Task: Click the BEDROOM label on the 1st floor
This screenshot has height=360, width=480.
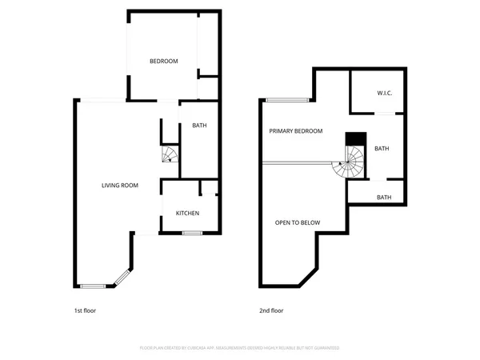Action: [x=164, y=62]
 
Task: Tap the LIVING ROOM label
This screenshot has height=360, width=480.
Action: [x=120, y=186]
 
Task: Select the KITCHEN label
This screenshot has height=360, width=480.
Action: [x=187, y=213]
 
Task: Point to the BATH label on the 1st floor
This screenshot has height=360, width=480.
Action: [x=199, y=126]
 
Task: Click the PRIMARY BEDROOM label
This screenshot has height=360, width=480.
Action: [x=296, y=131]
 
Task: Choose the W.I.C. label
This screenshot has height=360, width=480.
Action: [x=385, y=94]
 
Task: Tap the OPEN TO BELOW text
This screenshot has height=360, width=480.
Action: [x=298, y=222]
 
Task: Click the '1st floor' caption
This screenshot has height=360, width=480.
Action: [x=84, y=310]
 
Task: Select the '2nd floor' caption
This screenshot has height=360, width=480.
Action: [x=271, y=310]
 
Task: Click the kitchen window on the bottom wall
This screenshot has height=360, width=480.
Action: [x=191, y=233]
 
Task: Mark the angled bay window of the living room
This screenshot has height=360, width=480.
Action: [x=121, y=278]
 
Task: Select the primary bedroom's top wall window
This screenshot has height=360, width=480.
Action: [x=287, y=100]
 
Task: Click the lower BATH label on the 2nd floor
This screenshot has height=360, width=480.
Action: [x=384, y=198]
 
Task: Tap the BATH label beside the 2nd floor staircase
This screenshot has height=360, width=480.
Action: [x=382, y=148]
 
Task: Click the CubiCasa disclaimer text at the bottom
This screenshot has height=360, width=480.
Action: [x=240, y=348]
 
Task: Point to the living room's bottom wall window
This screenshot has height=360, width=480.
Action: [x=93, y=286]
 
